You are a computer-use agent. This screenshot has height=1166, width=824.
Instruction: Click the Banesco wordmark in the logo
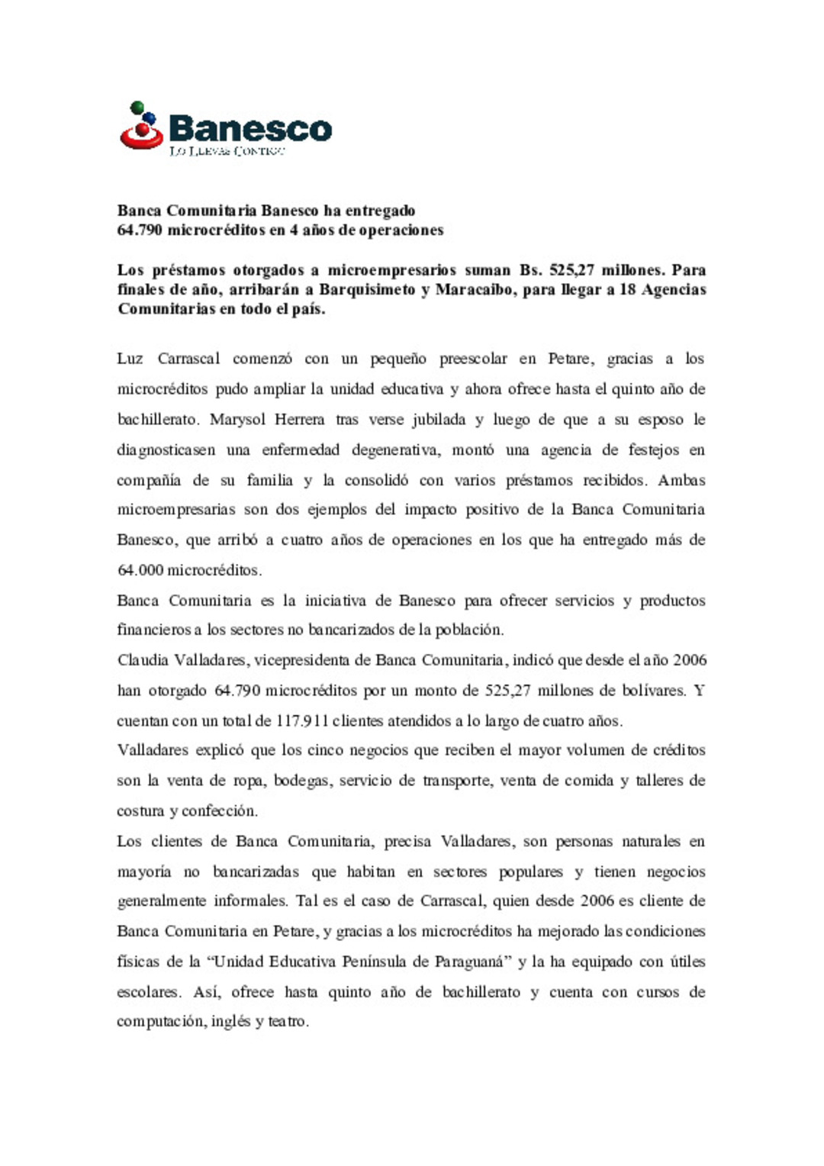click(x=250, y=128)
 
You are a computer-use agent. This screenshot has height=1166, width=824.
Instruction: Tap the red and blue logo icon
click(x=141, y=126)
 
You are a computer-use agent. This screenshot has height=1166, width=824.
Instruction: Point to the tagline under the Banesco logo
click(x=227, y=151)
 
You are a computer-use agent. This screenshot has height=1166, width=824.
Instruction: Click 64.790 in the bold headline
click(x=140, y=230)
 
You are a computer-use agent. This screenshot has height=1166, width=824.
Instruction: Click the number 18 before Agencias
click(x=627, y=290)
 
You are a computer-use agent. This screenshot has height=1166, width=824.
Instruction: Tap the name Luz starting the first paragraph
click(x=130, y=359)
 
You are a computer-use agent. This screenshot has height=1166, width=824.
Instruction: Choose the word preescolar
click(x=473, y=359)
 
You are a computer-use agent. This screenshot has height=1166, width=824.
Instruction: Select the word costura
click(x=140, y=811)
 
